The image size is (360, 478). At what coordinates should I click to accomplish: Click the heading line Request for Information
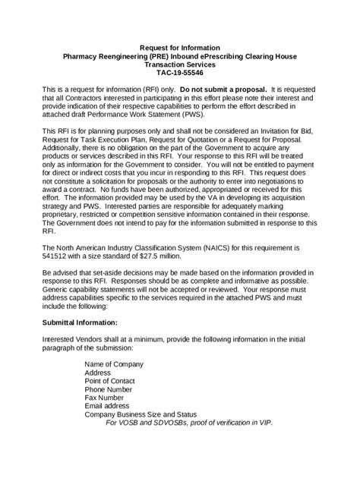click(x=180, y=47)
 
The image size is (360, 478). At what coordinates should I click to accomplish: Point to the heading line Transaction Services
click(x=180, y=65)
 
